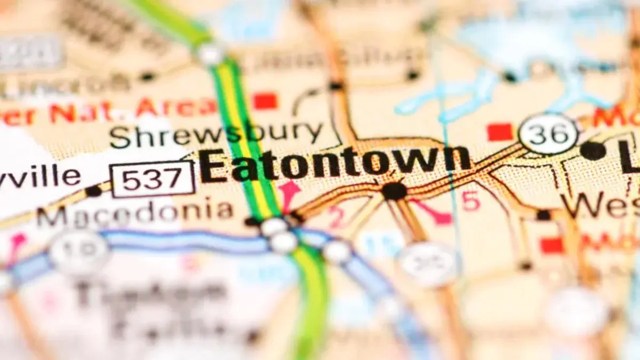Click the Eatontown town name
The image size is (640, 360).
(335, 163)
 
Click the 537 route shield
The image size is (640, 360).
(153, 179)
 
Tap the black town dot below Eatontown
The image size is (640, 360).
(394, 191)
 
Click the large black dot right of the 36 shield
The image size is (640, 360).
(593, 151)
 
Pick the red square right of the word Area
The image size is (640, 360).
(265, 101)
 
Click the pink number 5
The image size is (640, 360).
(471, 202)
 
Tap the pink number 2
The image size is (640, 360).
(336, 217)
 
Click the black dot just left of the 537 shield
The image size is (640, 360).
(93, 190)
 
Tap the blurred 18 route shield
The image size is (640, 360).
(79, 252)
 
